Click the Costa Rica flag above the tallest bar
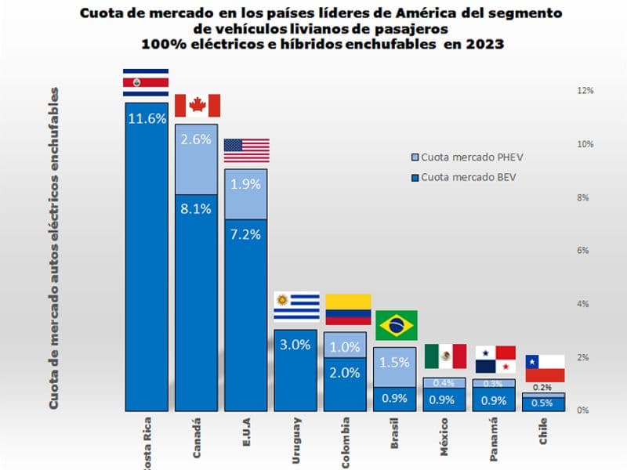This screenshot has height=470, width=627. click(x=146, y=82)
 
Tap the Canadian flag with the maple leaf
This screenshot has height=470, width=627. click(x=197, y=106)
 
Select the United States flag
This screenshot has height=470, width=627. click(x=246, y=150)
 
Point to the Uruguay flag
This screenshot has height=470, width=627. click(x=295, y=306)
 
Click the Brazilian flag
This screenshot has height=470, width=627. click(x=397, y=325)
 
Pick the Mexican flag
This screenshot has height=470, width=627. click(x=445, y=356)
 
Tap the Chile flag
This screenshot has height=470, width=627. click(x=545, y=368)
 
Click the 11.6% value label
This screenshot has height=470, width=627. click(x=146, y=119)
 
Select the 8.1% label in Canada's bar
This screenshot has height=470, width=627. click(x=195, y=209)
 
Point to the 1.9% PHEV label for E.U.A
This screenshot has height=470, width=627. click(x=245, y=185)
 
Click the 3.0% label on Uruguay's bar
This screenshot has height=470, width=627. click(x=295, y=345)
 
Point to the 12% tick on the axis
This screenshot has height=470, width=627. click(x=585, y=90)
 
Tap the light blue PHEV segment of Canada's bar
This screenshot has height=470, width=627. click(x=196, y=159)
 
